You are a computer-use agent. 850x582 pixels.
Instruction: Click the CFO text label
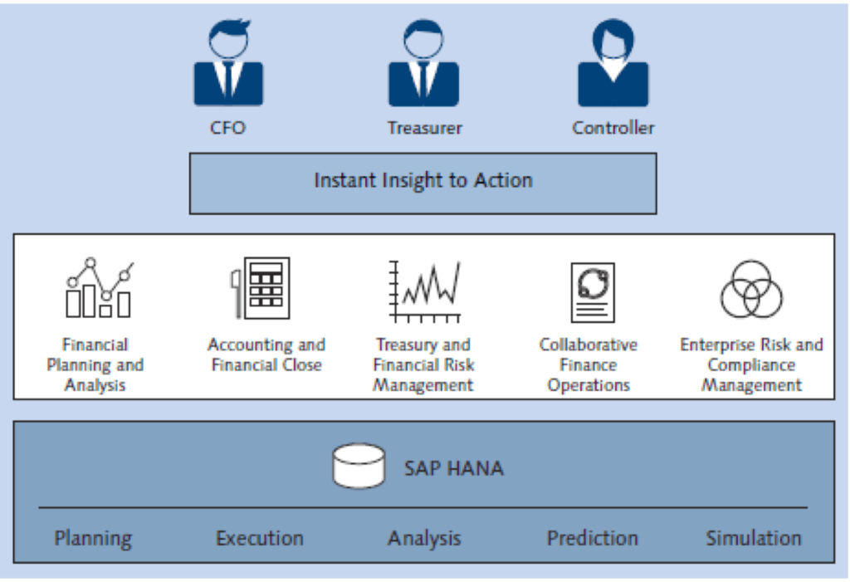[227, 128]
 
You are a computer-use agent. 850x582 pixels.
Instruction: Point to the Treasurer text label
[424, 128]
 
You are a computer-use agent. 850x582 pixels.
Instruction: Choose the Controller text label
[613, 128]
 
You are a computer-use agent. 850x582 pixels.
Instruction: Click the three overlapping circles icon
[751, 290]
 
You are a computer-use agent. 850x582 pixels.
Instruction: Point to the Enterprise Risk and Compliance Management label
[751, 364]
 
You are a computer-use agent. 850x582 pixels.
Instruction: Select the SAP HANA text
[453, 467]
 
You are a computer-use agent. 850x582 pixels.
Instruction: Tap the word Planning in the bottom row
[93, 538]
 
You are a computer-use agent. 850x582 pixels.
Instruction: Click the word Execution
[260, 538]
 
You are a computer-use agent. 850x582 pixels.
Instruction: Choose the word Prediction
[592, 538]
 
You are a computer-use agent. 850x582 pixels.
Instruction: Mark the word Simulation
[754, 538]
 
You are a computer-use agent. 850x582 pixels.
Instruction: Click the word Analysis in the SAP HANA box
[424, 538]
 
